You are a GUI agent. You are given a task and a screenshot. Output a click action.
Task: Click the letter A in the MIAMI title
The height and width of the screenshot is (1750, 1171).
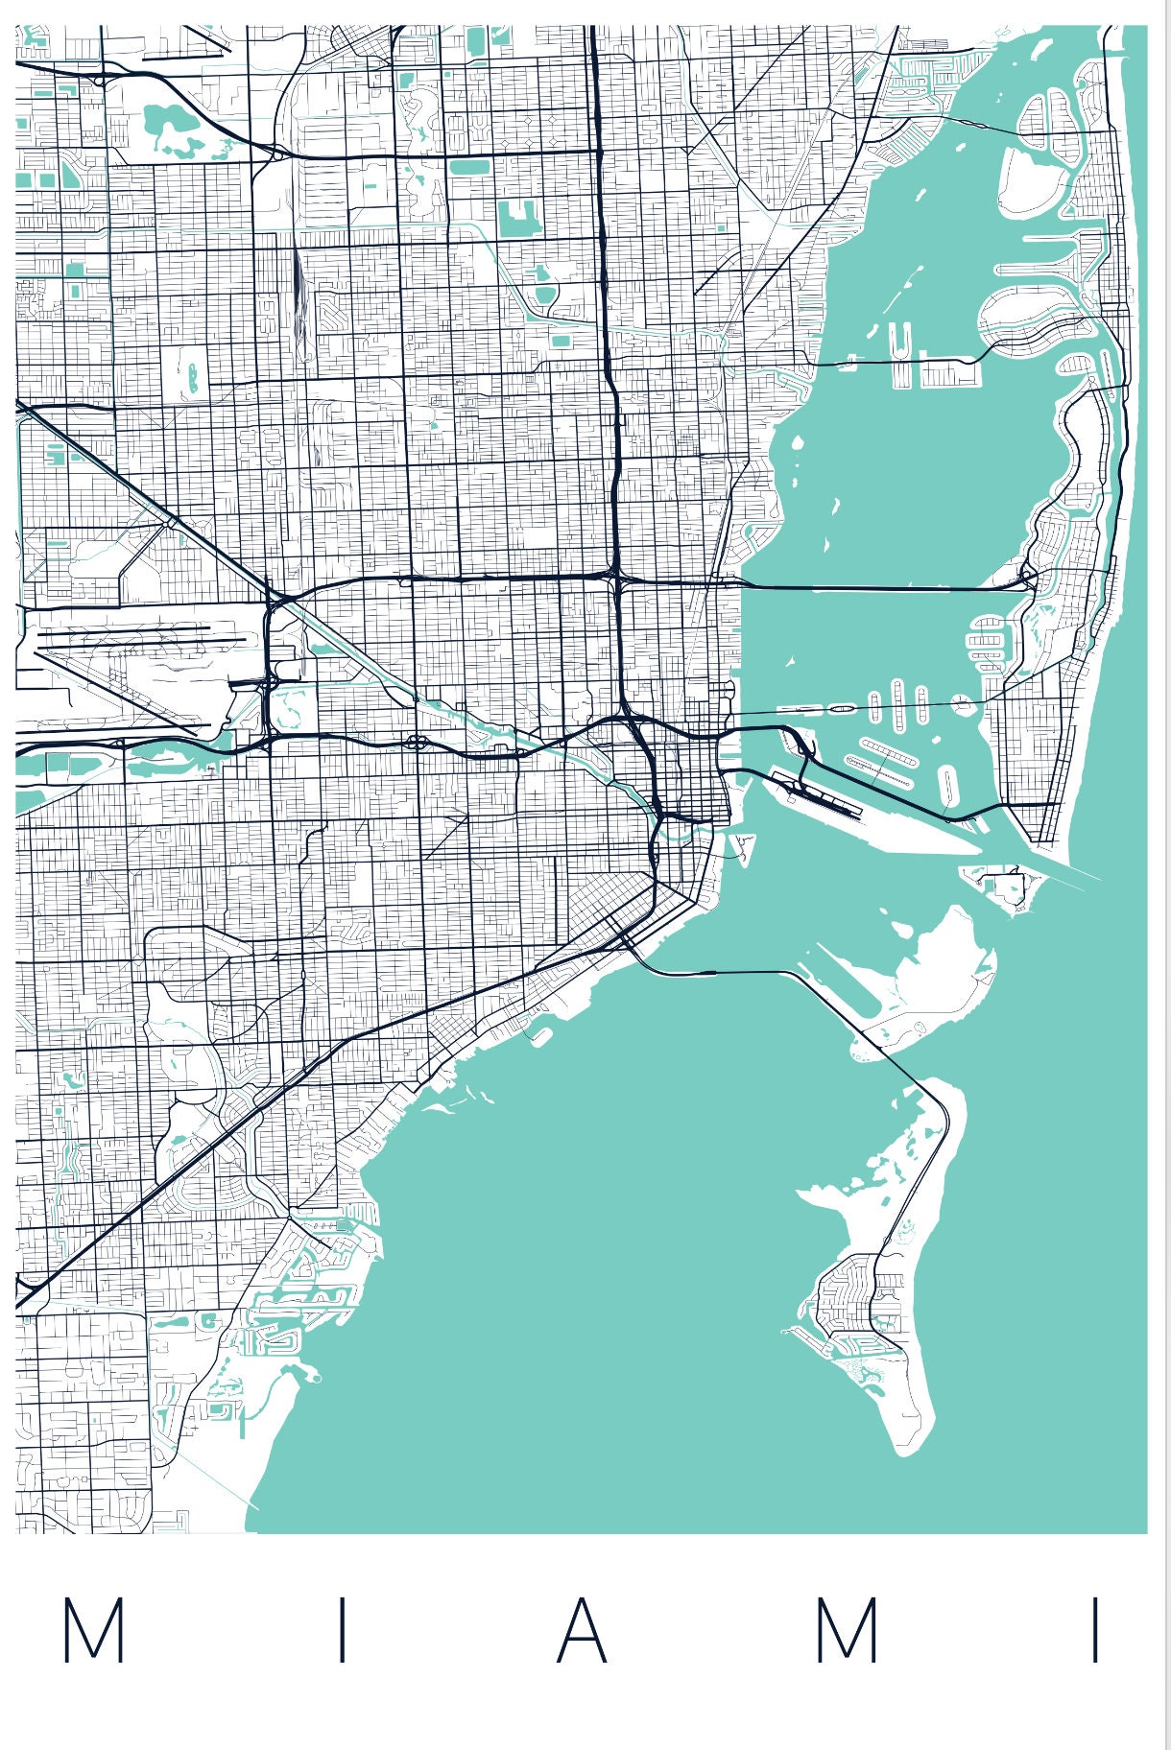click(x=583, y=1630)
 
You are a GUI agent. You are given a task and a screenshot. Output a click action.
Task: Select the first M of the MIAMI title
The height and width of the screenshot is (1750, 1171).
click(x=93, y=1630)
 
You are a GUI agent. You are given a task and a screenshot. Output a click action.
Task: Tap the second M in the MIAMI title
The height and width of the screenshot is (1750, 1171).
click(x=847, y=1630)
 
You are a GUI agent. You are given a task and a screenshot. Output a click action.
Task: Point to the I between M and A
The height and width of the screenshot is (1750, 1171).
click(x=342, y=1630)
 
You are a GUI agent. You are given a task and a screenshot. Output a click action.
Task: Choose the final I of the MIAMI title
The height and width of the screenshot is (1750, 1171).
click(x=1095, y=1630)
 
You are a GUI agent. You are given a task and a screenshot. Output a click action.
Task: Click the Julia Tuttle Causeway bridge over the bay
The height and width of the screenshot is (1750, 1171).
click(x=883, y=587)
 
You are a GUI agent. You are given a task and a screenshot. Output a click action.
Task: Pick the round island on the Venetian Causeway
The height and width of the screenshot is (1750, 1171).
click(x=963, y=703)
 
